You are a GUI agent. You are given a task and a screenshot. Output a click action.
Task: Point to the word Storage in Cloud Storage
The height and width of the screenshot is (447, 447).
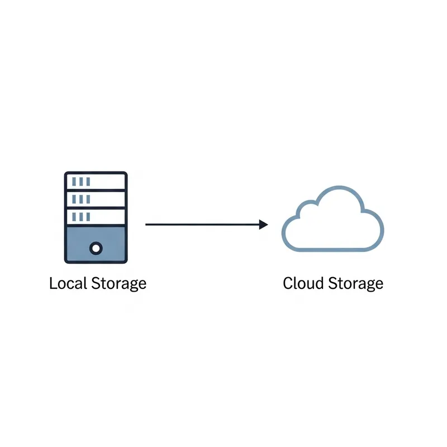(355, 284)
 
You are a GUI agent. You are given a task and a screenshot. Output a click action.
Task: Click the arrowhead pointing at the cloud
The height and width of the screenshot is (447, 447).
(264, 225)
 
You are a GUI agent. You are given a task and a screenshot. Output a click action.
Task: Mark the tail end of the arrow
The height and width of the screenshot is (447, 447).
(146, 225)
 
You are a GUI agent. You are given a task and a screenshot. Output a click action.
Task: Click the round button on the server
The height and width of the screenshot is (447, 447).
(96, 247)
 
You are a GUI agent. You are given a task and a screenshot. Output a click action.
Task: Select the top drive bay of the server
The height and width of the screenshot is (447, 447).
(96, 182)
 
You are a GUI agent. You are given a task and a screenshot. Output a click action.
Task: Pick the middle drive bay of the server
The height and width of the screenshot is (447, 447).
(96, 199)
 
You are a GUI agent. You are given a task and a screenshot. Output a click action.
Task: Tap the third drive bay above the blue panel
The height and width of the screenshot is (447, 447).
(96, 216)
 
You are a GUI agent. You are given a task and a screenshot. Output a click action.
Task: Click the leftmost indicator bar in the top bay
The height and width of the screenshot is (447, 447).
(75, 182)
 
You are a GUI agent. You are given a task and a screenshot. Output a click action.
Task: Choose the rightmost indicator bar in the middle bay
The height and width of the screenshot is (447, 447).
(88, 199)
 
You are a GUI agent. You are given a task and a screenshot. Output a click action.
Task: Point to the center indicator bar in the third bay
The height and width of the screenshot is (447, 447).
(82, 216)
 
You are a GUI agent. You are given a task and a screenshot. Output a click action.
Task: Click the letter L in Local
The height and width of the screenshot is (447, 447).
(53, 283)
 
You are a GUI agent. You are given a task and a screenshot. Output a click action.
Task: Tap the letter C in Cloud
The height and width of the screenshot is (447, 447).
(288, 283)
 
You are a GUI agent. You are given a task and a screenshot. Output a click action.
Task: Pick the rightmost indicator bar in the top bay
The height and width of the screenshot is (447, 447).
(88, 182)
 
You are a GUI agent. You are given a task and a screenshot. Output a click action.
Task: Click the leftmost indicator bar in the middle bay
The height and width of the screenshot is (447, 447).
(75, 199)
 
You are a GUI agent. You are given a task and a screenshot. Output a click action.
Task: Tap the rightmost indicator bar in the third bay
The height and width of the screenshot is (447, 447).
(88, 216)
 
